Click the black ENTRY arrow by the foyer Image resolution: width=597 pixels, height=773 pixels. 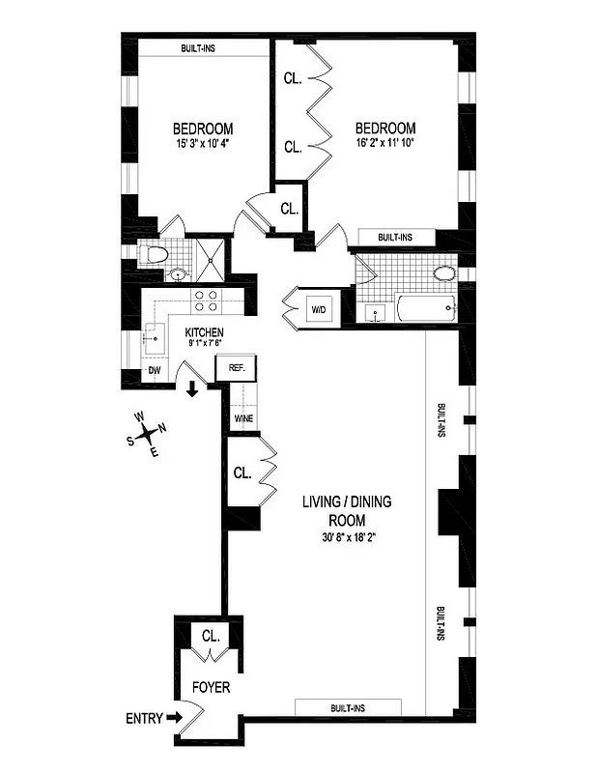(173, 717)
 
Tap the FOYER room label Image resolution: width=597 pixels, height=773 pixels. (211, 688)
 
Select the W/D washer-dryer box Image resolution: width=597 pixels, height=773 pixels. (319, 309)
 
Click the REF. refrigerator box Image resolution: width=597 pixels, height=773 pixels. (238, 368)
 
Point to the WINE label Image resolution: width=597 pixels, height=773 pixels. (242, 419)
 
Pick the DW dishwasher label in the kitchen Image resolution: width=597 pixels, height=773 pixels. (154, 372)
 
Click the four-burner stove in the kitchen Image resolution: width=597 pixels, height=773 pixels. (206, 301)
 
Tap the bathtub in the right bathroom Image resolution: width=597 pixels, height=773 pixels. (426, 311)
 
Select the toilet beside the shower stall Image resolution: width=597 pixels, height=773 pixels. (154, 255)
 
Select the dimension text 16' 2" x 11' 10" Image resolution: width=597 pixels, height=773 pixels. (384, 145)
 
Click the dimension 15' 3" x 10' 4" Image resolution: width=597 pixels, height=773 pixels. (202, 145)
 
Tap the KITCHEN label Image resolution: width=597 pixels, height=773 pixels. (204, 331)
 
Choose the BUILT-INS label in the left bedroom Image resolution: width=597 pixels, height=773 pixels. (203, 49)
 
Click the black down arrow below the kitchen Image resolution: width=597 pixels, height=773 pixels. (192, 389)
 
